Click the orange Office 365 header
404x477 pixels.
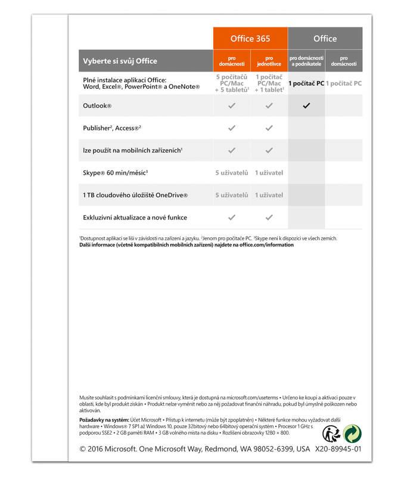(x=250, y=39)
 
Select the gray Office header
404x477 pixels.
(x=325, y=39)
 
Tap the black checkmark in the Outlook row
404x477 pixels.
(x=306, y=106)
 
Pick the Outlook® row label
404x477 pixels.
(x=98, y=106)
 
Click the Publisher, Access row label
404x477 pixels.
(x=112, y=128)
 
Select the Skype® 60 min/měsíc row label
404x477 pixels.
(x=116, y=173)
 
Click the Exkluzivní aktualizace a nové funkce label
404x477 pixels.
(x=135, y=217)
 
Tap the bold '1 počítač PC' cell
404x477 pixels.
(x=306, y=83)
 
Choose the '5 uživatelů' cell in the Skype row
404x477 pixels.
(x=232, y=173)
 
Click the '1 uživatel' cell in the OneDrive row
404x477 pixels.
(x=269, y=195)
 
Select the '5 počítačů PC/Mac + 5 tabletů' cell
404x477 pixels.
(x=232, y=83)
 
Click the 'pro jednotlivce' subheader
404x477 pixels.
(x=269, y=61)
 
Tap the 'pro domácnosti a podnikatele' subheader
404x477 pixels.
(x=306, y=61)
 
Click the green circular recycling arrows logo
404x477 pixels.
(x=352, y=433)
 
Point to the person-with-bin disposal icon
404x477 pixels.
(x=331, y=433)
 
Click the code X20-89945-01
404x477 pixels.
(x=338, y=449)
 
